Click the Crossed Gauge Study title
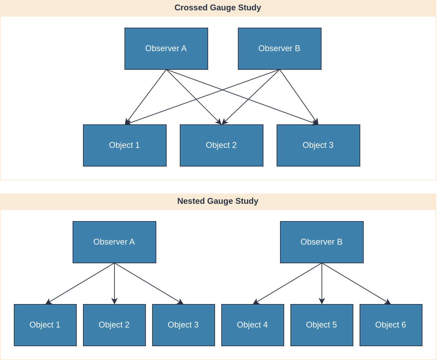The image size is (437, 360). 218,8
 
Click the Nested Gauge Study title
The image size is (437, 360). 218,201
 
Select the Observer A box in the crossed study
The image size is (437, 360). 166,49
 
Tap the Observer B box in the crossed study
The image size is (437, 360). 280,49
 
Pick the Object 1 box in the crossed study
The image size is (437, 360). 125,145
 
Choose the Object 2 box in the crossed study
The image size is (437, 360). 222,145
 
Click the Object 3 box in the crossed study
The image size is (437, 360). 318,145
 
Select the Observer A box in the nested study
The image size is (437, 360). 114,242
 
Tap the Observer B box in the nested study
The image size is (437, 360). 322,242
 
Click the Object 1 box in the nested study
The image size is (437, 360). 45,325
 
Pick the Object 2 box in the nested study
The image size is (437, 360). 114,325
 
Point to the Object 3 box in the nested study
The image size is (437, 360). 184,325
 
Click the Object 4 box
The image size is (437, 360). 253,325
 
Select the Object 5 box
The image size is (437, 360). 322,325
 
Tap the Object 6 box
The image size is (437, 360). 391,325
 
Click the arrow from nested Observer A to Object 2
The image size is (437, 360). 114,284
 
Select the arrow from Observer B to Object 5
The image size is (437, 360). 322,284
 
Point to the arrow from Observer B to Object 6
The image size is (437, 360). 356,284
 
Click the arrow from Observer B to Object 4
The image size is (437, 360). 287,284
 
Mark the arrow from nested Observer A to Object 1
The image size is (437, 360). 80,284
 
